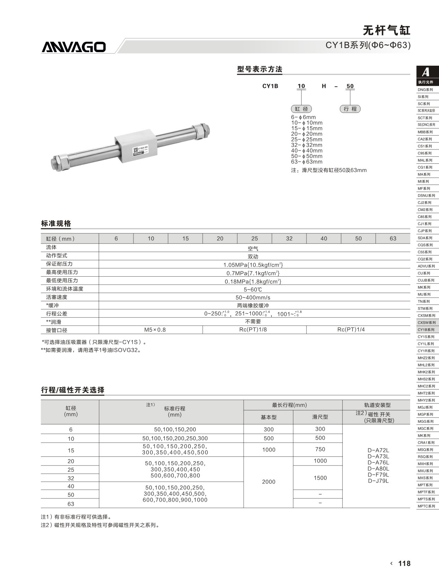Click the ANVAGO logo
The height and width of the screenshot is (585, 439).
74,47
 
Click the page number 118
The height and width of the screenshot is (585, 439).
404,563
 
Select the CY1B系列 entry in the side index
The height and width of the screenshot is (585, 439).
426,330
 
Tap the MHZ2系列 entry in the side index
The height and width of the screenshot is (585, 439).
426,358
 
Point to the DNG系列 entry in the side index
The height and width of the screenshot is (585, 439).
425,90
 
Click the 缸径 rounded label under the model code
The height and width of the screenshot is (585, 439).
301,109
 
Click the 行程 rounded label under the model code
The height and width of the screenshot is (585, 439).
350,109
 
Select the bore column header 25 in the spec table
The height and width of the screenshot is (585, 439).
254,238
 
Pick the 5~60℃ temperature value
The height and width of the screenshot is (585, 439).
253,289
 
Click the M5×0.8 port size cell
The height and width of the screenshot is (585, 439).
155,330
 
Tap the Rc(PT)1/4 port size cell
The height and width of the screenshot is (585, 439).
351,330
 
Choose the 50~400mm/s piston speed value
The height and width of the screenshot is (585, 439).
253,298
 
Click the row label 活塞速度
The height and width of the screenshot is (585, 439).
57,297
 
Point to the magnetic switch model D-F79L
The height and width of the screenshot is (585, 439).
378,475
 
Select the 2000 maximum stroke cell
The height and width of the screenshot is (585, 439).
268,482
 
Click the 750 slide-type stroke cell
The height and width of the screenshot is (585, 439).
320,449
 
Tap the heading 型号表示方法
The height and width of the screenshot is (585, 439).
260,69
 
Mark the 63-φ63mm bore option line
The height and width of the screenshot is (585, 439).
307,162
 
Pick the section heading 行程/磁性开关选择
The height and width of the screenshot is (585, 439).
73,390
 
